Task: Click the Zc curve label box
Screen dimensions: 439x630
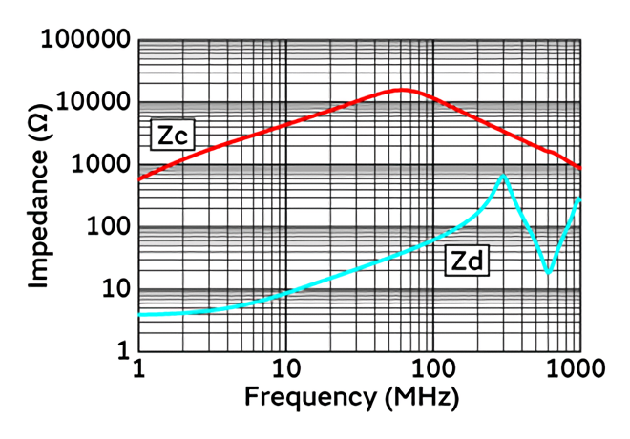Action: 172,136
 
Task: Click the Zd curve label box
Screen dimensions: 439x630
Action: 465,261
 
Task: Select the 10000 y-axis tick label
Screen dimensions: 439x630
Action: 94,103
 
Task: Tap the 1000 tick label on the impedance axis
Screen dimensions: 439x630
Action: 99,165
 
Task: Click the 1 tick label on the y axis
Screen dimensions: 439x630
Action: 121,351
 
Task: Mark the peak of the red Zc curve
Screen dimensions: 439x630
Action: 403,90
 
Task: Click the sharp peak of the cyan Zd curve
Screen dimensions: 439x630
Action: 503,176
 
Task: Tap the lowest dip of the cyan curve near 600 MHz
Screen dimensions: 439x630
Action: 548,273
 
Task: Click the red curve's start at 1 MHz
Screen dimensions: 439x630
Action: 139,178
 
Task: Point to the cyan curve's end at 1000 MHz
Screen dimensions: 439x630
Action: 579,199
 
